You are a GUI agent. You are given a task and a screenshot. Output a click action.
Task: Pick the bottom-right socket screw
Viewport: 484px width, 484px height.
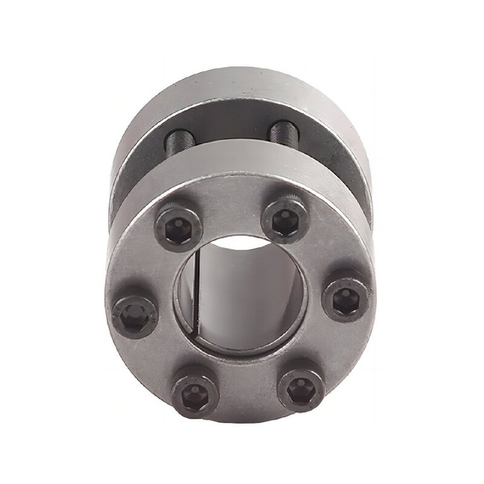click(298, 385)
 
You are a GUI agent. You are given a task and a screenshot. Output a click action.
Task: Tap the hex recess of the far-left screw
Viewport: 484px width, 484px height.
click(132, 315)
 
